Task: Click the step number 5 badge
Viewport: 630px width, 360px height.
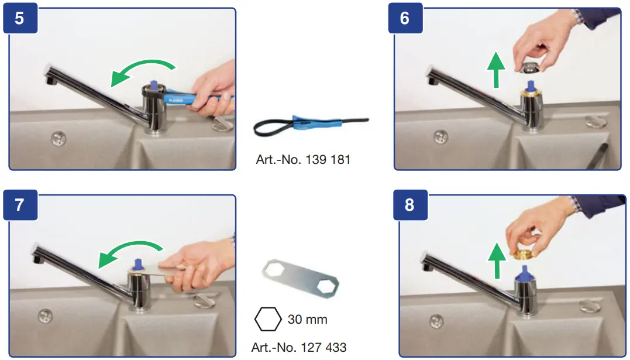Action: click(20, 18)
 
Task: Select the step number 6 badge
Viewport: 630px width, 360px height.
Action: click(405, 18)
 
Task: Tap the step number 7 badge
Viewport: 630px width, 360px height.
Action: click(20, 205)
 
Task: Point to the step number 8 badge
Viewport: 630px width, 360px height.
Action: click(409, 205)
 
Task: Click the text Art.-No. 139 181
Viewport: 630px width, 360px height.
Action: click(303, 159)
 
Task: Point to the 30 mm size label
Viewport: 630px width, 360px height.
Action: click(307, 320)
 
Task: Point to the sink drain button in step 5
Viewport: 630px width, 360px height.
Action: click(57, 138)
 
